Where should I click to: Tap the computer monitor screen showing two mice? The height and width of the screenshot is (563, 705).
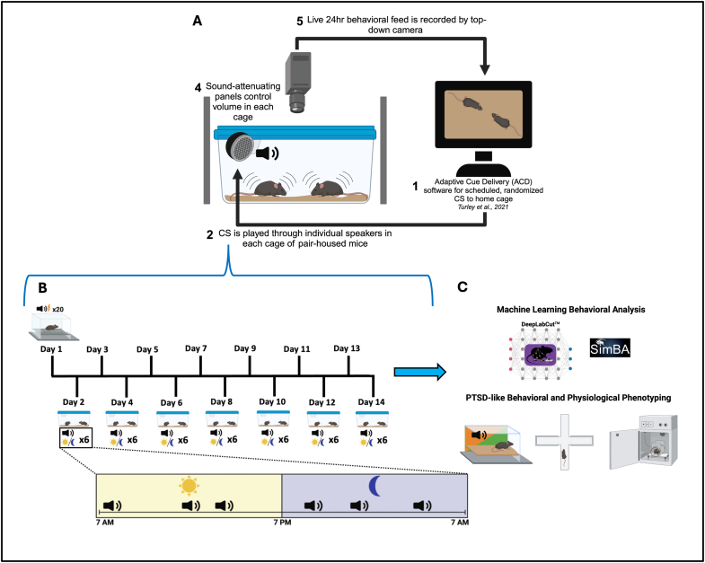(x=483, y=114)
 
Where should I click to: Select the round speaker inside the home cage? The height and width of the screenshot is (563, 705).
(x=240, y=148)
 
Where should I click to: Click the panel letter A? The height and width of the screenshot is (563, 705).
(x=197, y=21)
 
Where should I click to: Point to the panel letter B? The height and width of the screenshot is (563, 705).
(x=42, y=288)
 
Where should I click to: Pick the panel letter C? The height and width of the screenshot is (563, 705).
(x=463, y=287)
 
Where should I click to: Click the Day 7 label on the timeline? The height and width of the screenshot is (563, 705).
(x=196, y=348)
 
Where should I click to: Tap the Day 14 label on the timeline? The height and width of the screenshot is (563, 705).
(x=372, y=402)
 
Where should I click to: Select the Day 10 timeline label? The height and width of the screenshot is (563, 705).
(x=272, y=401)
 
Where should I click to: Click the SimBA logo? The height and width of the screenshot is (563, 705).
(x=610, y=347)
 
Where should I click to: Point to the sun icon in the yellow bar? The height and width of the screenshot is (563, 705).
(x=189, y=486)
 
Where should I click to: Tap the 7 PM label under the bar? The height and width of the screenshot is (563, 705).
(x=282, y=523)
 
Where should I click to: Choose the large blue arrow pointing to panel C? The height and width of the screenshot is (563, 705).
(x=420, y=372)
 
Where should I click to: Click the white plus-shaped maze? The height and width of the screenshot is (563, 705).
(x=564, y=442)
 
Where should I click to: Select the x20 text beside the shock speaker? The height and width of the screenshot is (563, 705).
(x=58, y=310)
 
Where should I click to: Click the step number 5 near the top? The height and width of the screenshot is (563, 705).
(x=300, y=22)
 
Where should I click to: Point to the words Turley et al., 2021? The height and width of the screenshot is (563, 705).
(x=483, y=207)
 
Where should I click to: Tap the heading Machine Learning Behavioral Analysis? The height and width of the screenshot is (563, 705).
(x=571, y=310)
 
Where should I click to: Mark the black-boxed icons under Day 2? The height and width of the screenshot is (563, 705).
(x=75, y=438)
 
